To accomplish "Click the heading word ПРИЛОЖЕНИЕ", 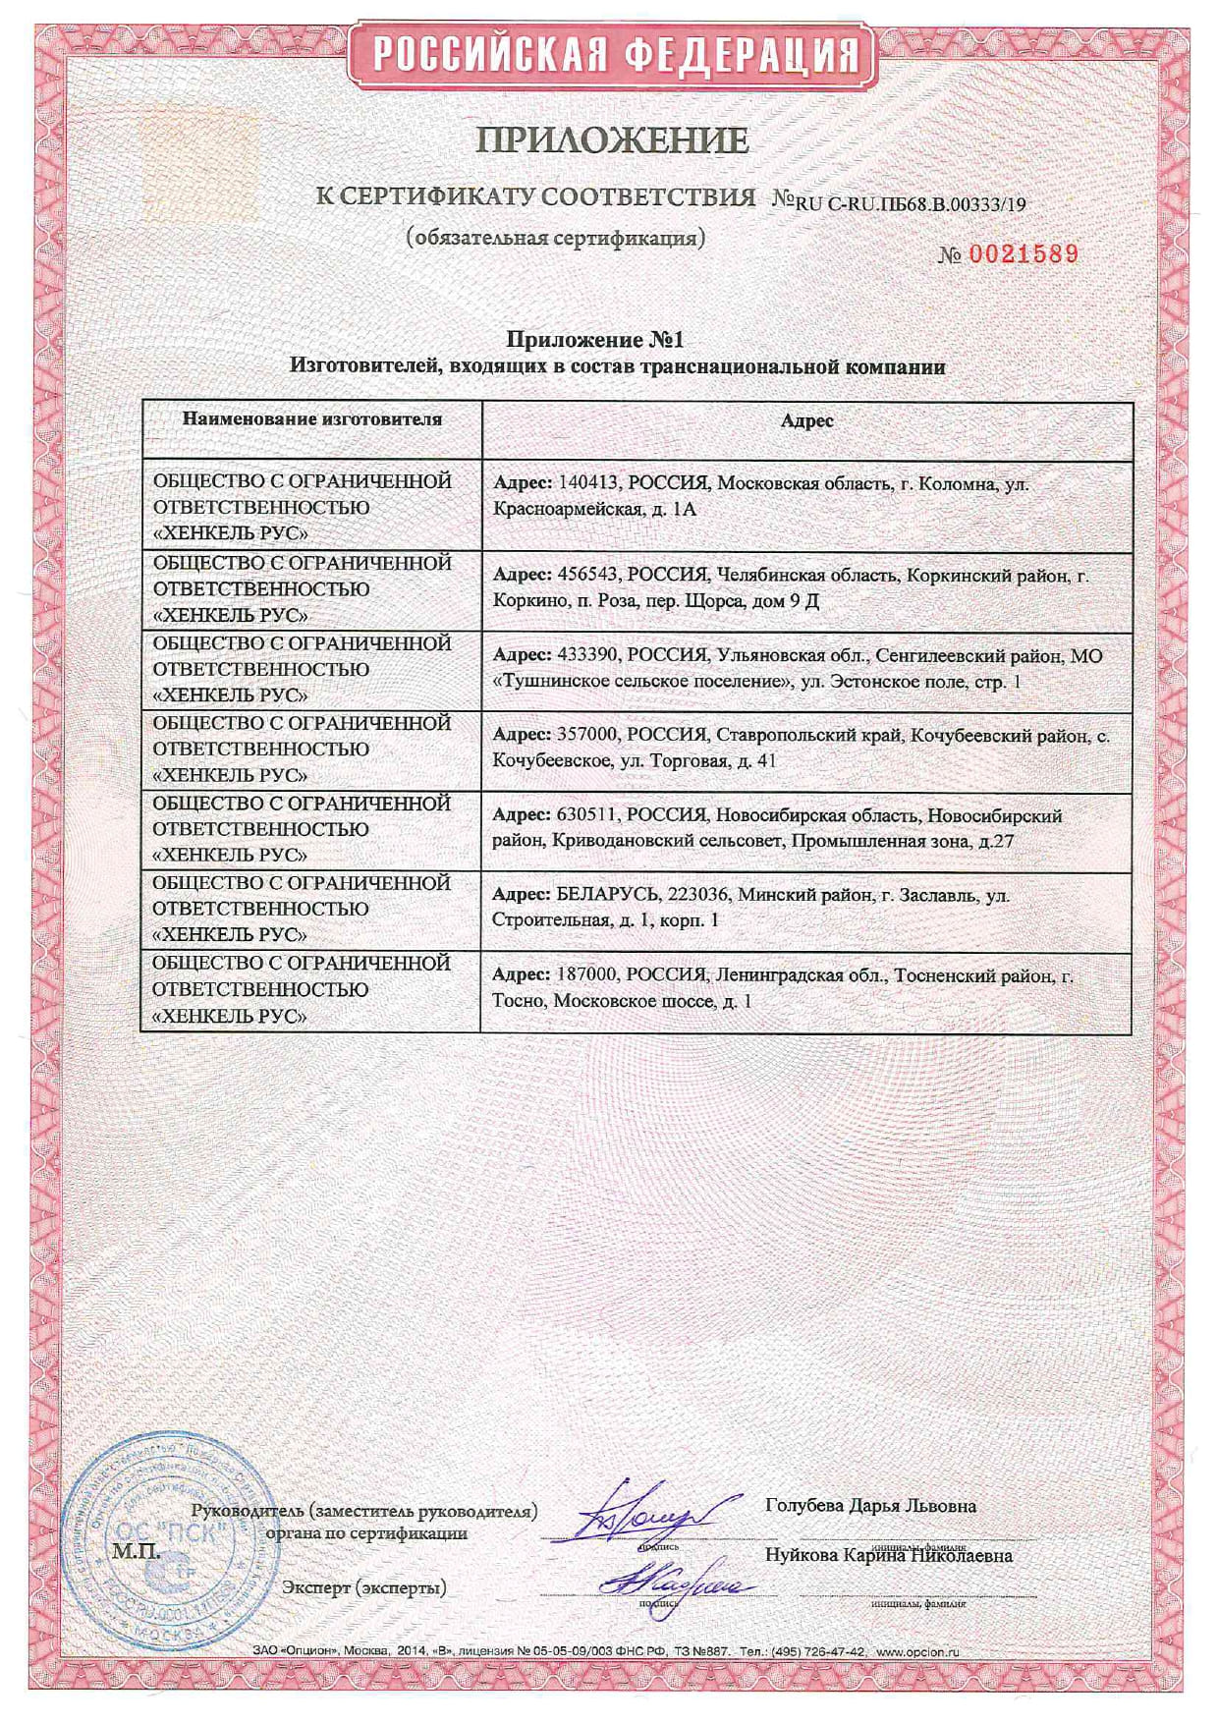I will (x=612, y=140).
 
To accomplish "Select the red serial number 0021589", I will (x=1024, y=254).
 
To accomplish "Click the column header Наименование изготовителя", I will (x=312, y=419).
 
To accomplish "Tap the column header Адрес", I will (x=806, y=420).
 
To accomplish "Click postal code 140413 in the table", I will (x=587, y=483).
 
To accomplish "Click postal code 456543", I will (x=587, y=576).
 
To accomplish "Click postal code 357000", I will (x=587, y=735).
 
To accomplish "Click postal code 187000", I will (x=587, y=975).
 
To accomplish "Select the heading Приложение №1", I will (x=594, y=340).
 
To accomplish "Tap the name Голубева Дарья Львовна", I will (x=869, y=1505).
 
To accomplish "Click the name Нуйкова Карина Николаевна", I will (x=888, y=1555).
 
